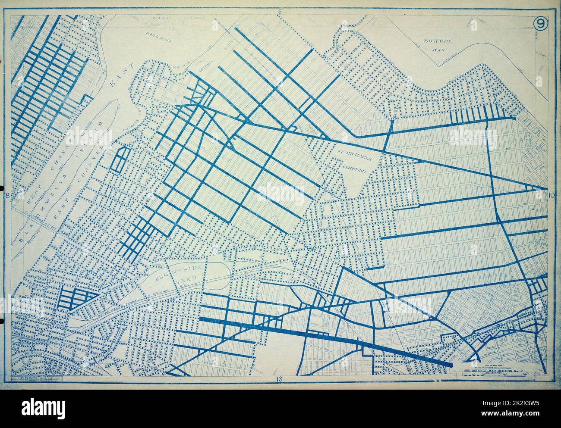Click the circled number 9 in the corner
pos(541,24)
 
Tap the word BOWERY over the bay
pos(437,41)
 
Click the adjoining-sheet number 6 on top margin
pos(280,12)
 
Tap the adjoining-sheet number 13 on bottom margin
pos(280,379)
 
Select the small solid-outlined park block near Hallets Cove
pos(121,159)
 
